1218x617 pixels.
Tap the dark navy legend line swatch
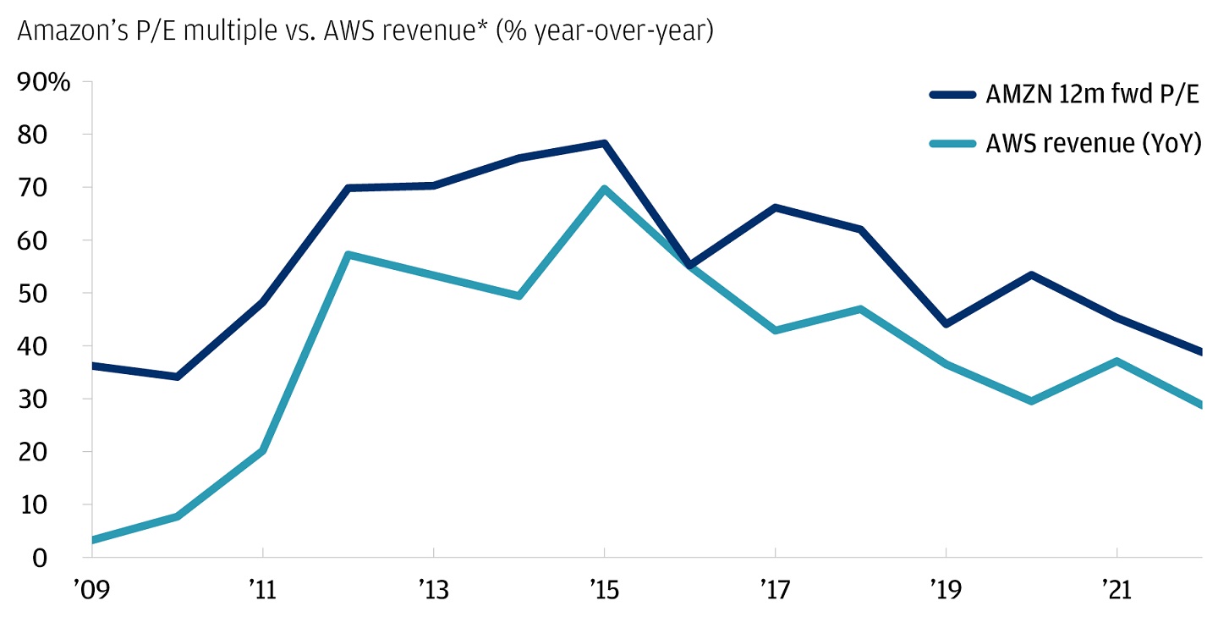[953, 95]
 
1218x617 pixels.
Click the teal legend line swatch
[953, 143]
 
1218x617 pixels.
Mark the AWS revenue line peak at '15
[604, 189]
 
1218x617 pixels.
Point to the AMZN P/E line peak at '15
[604, 144]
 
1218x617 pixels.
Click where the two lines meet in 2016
[690, 267]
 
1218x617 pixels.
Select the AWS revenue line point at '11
[263, 450]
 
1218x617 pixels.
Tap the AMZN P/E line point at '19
[946, 324]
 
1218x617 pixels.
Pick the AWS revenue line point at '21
[1116, 361]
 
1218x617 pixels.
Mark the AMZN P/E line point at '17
[776, 207]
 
